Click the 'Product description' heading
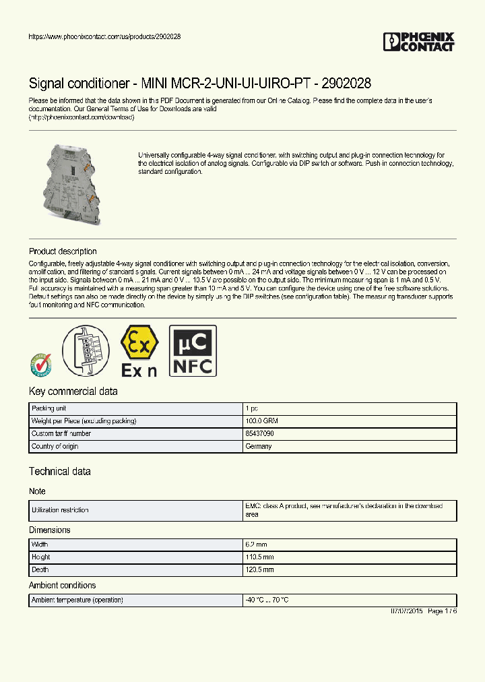pyautogui.click(x=63, y=251)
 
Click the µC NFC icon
pyautogui.click(x=193, y=350)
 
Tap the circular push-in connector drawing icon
pyautogui.click(x=86, y=350)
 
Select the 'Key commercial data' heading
pyautogui.click(x=73, y=392)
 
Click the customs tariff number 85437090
pyautogui.click(x=259, y=434)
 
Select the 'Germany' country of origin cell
pyautogui.click(x=259, y=446)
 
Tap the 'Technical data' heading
pyautogui.click(x=59, y=472)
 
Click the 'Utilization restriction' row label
pyautogui.click(x=60, y=511)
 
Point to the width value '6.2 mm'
pyautogui.click(x=255, y=545)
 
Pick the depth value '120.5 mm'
pyautogui.click(x=259, y=569)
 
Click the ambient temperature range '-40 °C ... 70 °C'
pyautogui.click(x=267, y=600)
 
